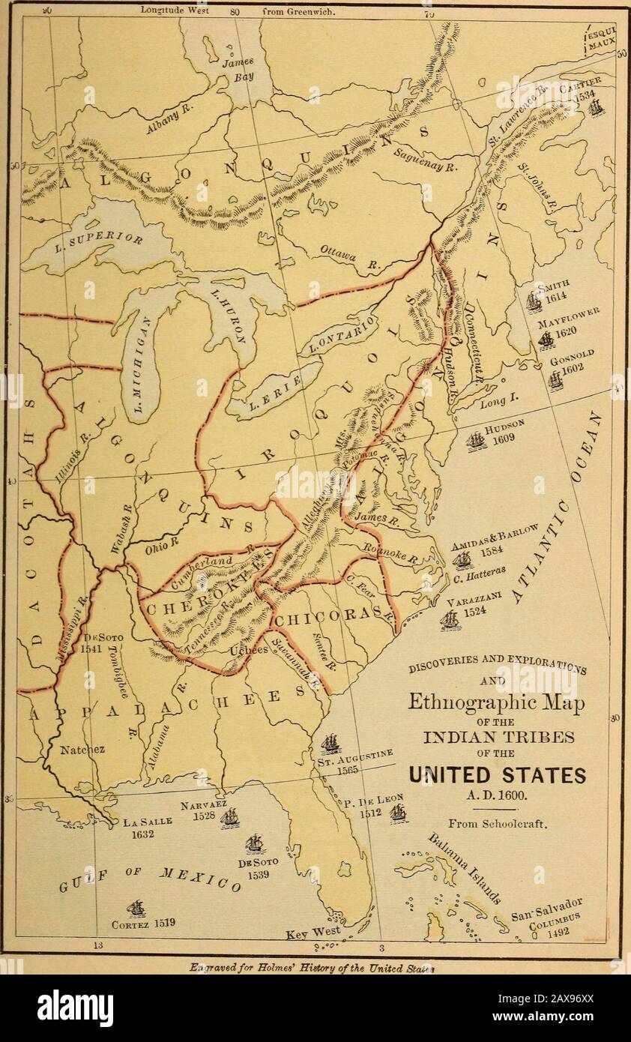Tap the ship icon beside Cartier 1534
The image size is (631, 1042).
596,107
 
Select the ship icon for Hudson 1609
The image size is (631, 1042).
476,441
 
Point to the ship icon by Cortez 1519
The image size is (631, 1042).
136,909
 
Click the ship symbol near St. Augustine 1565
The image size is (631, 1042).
330,744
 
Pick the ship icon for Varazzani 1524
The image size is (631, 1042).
450,620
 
